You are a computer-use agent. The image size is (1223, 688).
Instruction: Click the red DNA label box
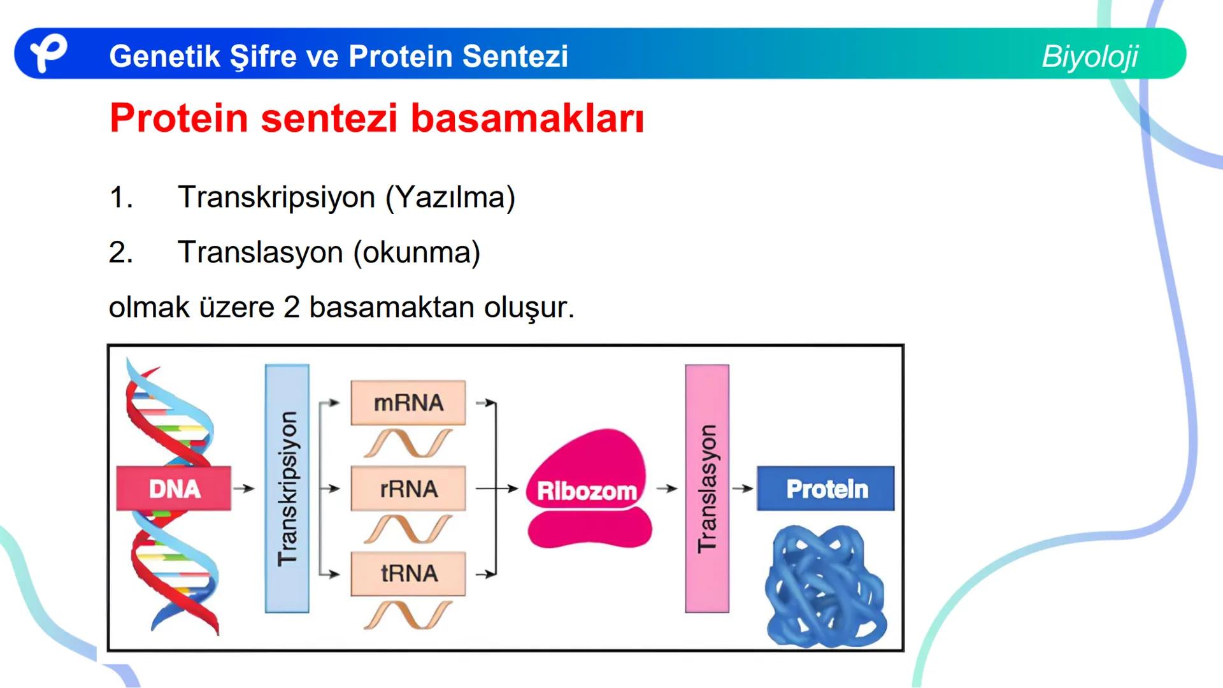pyautogui.click(x=173, y=489)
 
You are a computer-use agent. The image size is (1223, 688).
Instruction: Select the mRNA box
pyautogui.click(x=408, y=403)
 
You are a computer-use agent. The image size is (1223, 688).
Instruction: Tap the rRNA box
pyautogui.click(x=408, y=489)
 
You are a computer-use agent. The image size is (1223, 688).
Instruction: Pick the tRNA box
pyautogui.click(x=408, y=573)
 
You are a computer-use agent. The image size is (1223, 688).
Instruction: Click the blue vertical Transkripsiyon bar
pyautogui.click(x=287, y=489)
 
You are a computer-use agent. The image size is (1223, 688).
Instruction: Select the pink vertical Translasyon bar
pyautogui.click(x=707, y=489)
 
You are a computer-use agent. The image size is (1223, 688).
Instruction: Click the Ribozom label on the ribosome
pyautogui.click(x=587, y=491)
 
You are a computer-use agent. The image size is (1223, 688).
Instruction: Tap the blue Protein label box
pyautogui.click(x=826, y=489)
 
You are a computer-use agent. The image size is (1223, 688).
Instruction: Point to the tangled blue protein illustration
pyautogui.click(x=826, y=586)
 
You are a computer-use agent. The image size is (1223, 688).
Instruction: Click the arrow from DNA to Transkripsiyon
pyautogui.click(x=243, y=489)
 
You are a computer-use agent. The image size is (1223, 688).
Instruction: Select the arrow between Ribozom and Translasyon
pyautogui.click(x=667, y=489)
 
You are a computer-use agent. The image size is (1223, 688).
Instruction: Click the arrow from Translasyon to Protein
pyautogui.click(x=742, y=489)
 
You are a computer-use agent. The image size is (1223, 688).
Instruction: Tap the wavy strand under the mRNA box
pyautogui.click(x=408, y=443)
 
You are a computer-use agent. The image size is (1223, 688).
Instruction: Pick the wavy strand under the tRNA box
pyautogui.click(x=408, y=615)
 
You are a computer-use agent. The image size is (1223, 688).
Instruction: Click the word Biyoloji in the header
pyautogui.click(x=1089, y=56)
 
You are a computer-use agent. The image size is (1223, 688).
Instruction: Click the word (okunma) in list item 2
pyautogui.click(x=417, y=252)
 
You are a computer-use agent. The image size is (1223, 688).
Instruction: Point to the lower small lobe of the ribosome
pyautogui.click(x=589, y=529)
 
